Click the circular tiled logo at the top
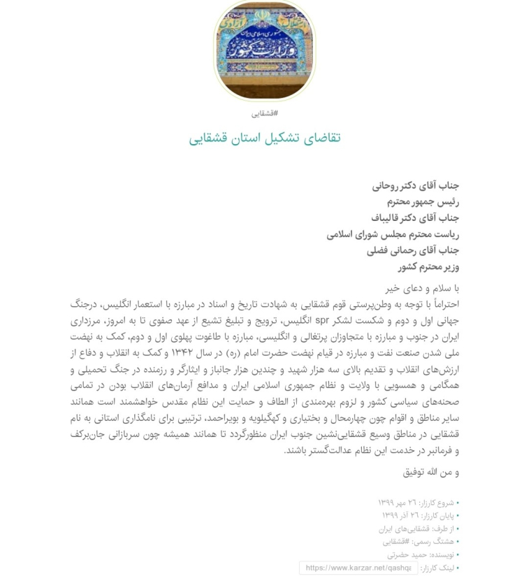[264, 50]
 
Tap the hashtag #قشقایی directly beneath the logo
[265, 113]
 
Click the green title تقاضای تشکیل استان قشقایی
[264, 138]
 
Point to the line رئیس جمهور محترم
[423, 201]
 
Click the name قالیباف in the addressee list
[390, 217]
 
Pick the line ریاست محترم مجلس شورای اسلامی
[393, 234]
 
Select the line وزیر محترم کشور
[428, 266]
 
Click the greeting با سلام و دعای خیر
[422, 287]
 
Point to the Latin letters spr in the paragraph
[322, 321]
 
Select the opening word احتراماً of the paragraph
[441, 304]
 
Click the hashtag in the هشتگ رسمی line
[397, 541]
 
